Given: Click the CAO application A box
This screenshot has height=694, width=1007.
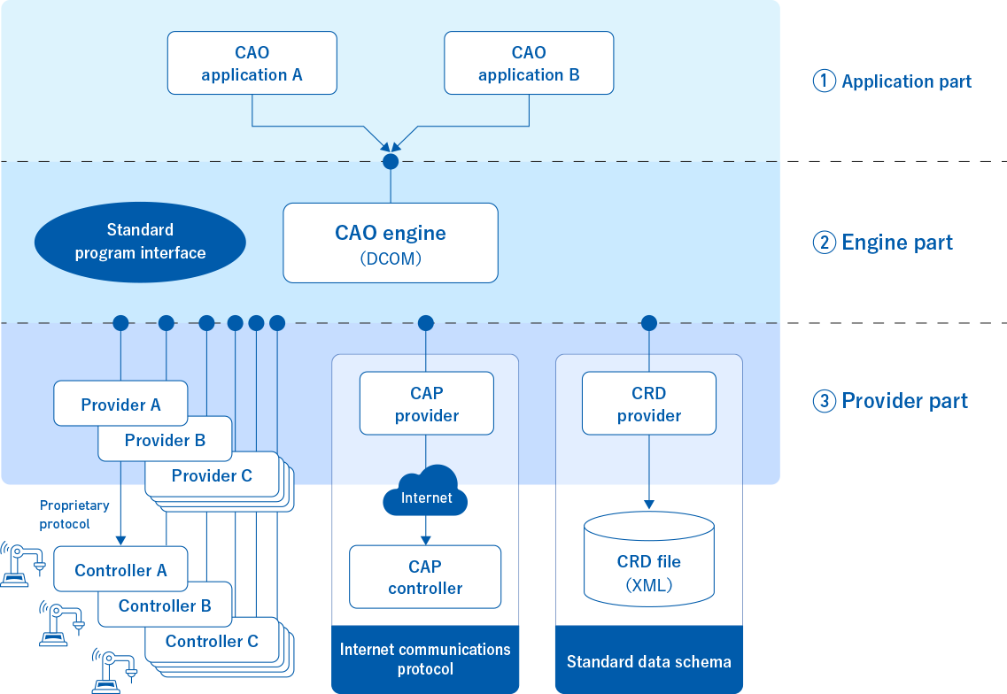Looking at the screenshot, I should (x=252, y=63).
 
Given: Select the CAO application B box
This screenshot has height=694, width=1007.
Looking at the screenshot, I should (x=529, y=63).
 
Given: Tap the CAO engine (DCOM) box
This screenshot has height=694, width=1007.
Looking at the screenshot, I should (x=391, y=243).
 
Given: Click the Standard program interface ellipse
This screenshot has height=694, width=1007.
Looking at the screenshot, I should (x=140, y=242).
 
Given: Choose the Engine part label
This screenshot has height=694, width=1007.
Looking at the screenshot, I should (x=883, y=243).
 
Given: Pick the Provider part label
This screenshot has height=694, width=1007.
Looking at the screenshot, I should (x=891, y=401).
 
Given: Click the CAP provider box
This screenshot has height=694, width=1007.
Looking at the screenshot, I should (x=426, y=404).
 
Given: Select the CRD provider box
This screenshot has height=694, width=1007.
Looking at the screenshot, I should (x=649, y=404).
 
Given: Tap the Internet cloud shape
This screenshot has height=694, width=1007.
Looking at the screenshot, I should (x=426, y=492).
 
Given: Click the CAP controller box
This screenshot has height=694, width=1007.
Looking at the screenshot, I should (x=425, y=577).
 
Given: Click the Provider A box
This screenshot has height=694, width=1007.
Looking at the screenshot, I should (x=120, y=404).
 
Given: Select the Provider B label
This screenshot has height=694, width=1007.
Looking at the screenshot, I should (x=165, y=440).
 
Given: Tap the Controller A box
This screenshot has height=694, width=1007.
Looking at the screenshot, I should (x=120, y=570).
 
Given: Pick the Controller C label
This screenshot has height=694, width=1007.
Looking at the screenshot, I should (x=212, y=641).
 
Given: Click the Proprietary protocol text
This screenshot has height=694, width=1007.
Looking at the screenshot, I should (x=74, y=514).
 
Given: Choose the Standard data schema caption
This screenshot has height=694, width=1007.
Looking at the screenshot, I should (x=649, y=661).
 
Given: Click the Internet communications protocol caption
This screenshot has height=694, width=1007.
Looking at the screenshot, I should (x=425, y=659).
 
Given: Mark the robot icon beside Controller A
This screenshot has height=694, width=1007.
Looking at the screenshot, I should (x=24, y=564).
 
